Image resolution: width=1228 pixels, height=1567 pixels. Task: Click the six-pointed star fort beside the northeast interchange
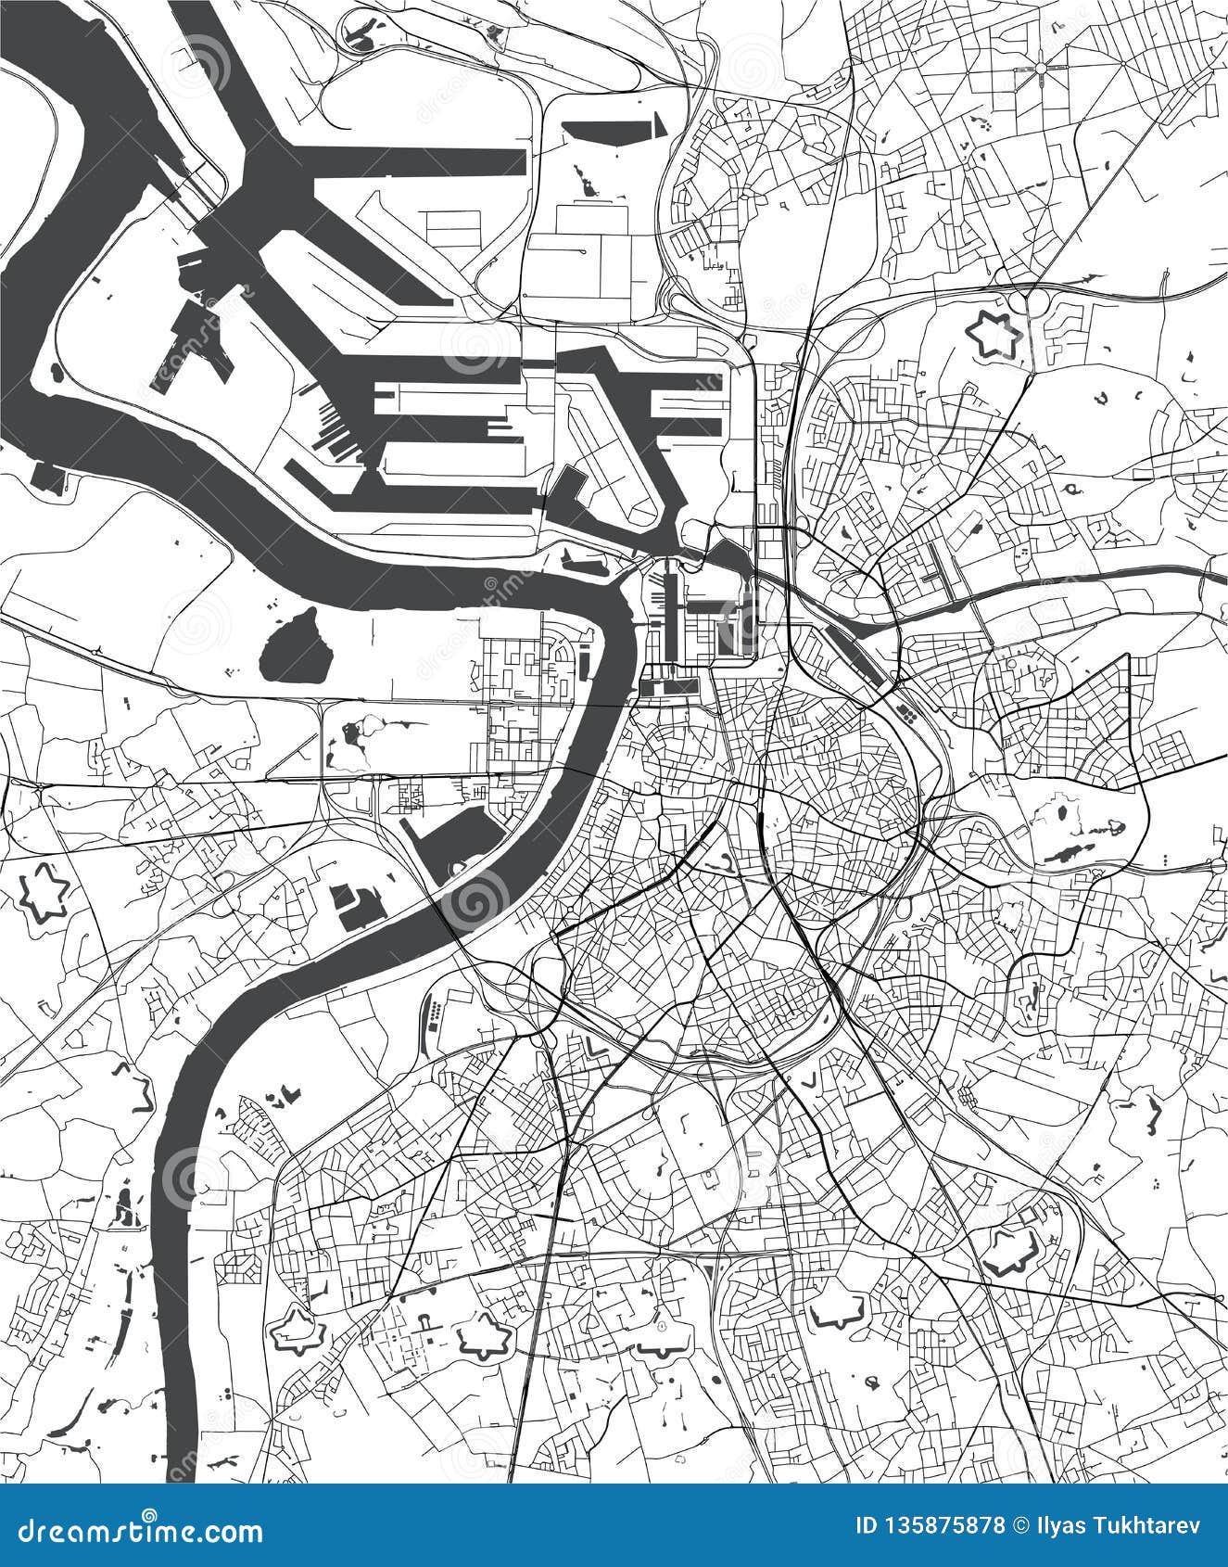[994, 334]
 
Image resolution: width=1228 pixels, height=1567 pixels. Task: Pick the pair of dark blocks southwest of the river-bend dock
[357, 904]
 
